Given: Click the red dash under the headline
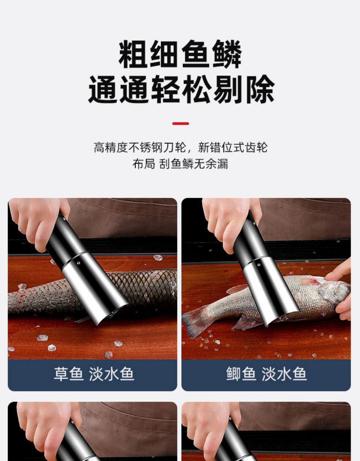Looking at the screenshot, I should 180,124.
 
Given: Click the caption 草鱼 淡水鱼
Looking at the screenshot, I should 94,374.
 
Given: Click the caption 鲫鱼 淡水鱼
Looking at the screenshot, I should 266,374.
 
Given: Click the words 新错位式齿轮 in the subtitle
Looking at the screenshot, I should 233,147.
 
